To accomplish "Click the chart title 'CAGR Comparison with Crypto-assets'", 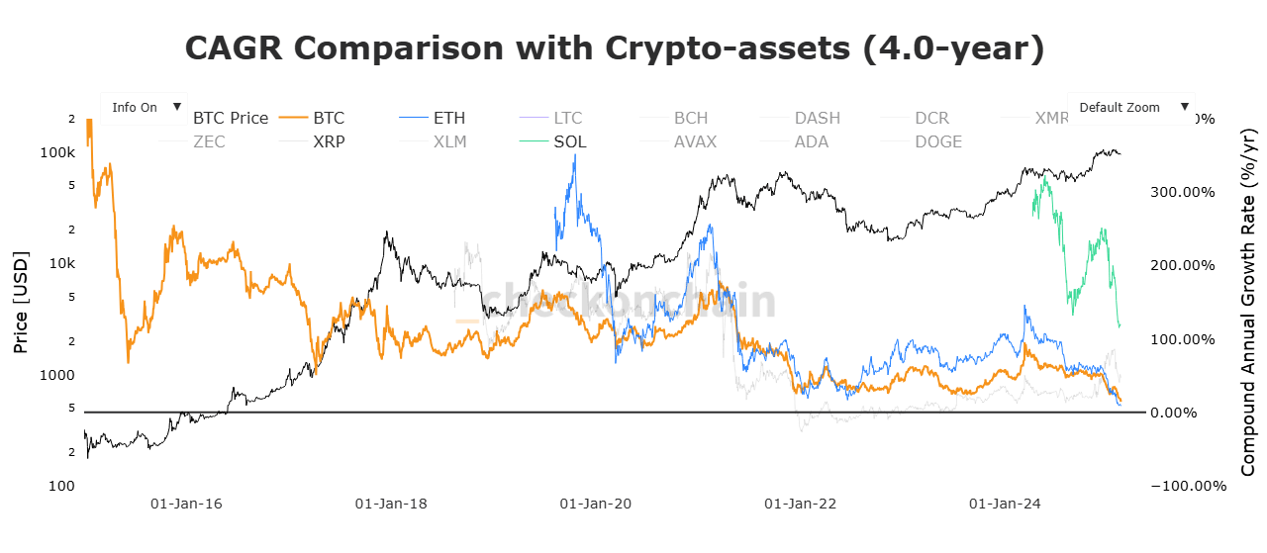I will coord(615,48).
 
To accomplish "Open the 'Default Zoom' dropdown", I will coord(1130,107).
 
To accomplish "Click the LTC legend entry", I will coord(568,118).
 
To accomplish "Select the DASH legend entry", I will coord(817,118).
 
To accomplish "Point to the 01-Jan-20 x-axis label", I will coord(595,504).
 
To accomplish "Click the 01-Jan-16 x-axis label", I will coord(186,504).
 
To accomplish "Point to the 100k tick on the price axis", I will coord(57,153).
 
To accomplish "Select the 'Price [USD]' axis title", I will coord(21,303).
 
